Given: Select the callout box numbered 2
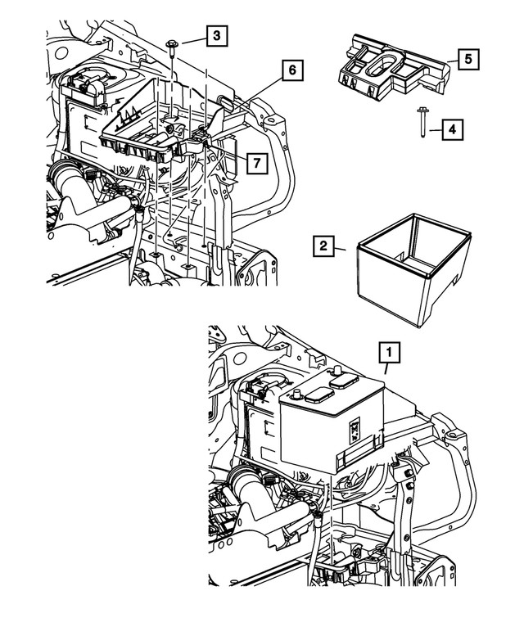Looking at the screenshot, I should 324,245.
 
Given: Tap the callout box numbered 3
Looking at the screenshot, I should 216,35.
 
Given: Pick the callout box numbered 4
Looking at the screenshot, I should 449,129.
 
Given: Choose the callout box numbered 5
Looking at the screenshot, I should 468,59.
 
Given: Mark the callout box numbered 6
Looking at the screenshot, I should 290,71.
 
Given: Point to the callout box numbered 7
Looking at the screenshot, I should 255,164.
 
